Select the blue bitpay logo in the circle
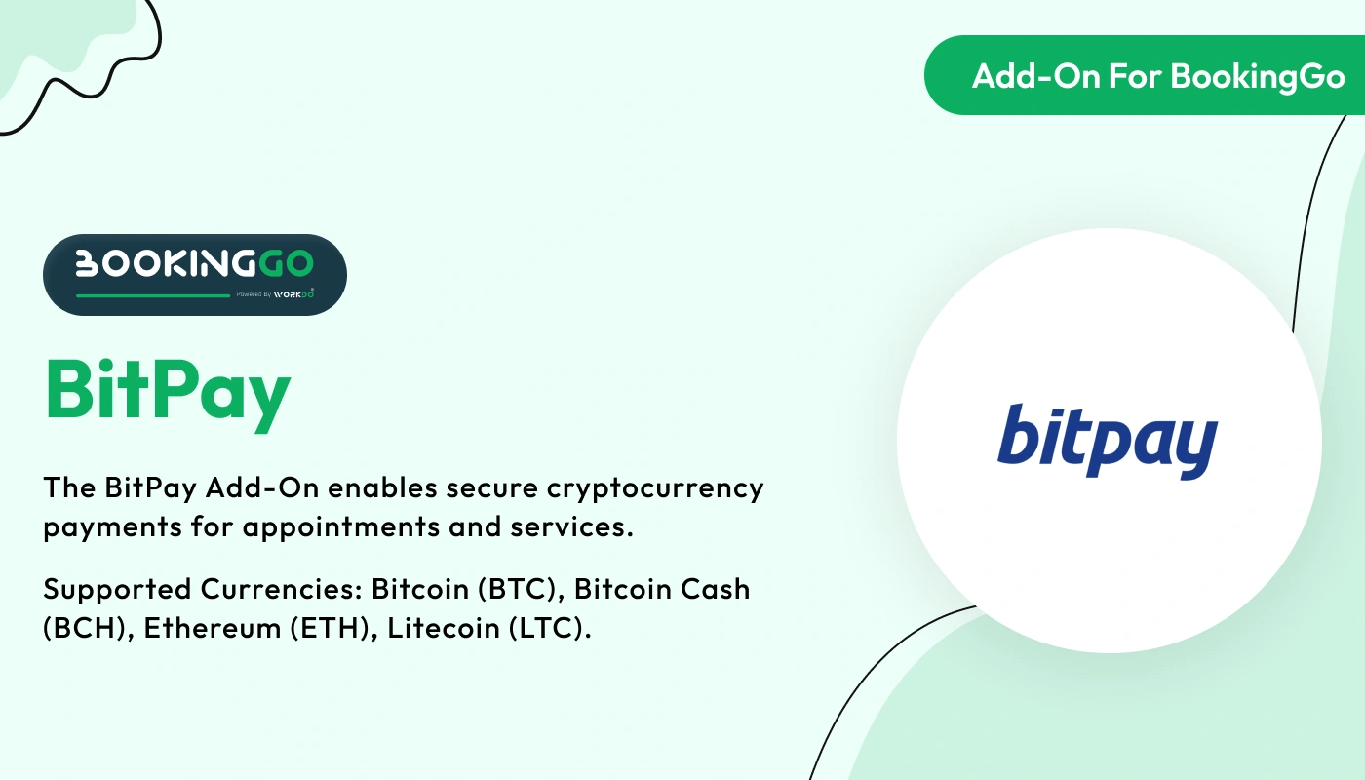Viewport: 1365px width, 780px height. pyautogui.click(x=1108, y=440)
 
